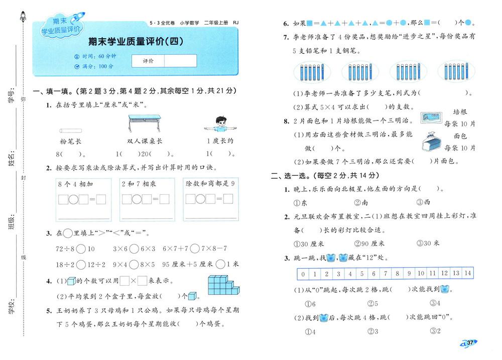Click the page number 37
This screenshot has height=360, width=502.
(x=470, y=342)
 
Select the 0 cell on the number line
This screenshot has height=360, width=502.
(x=302, y=274)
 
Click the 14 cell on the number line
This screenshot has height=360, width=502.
(x=467, y=274)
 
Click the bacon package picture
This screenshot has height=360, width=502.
(x=430, y=118)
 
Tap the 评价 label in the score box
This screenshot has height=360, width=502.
(x=148, y=61)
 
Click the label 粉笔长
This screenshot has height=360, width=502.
(x=70, y=141)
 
